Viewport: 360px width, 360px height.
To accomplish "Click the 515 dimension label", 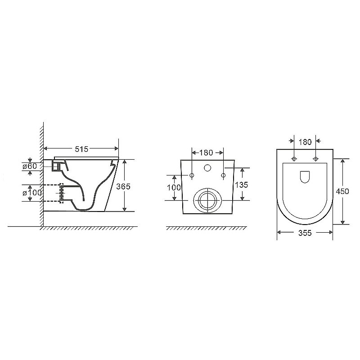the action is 81,149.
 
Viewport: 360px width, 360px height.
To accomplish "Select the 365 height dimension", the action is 123,186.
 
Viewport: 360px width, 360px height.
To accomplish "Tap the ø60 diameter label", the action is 30,166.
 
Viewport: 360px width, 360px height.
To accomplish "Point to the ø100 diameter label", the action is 32,193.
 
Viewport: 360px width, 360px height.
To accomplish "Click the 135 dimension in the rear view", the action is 242,184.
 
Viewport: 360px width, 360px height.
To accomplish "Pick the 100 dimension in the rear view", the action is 174,188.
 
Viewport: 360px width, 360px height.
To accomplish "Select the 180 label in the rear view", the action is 206,153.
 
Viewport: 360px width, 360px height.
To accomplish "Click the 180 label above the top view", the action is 305,142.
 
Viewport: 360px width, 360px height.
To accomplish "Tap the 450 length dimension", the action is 342,191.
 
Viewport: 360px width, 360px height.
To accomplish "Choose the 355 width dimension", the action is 305,233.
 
